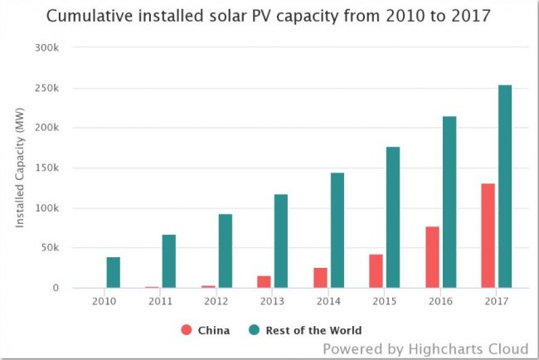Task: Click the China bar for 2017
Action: click(488, 236)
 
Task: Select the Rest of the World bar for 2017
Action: click(505, 187)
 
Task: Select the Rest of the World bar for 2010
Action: click(113, 273)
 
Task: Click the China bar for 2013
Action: click(264, 282)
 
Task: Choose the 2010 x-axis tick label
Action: click(104, 301)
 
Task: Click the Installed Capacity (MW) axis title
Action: click(21, 168)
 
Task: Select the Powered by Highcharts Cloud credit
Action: click(425, 348)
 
